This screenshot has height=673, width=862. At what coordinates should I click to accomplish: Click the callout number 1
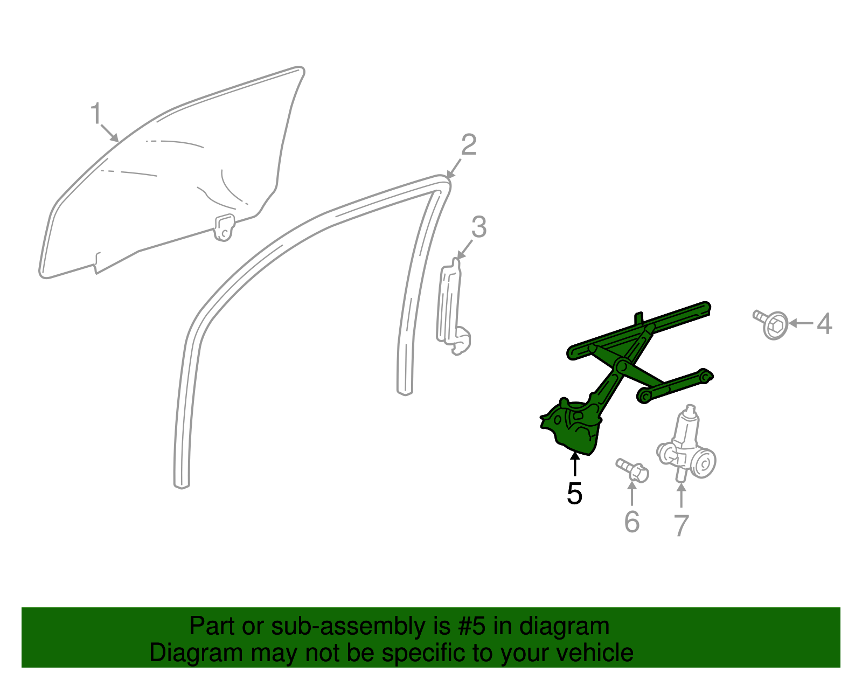click(95, 114)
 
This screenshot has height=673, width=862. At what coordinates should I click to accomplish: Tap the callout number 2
click(468, 145)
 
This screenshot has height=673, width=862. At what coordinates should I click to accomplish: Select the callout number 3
click(478, 227)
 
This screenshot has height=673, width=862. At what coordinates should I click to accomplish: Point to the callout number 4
click(824, 324)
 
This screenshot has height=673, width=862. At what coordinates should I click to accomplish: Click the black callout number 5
click(574, 493)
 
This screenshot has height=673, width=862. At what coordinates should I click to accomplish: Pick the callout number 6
click(632, 521)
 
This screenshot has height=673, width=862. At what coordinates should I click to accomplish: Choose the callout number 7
click(682, 525)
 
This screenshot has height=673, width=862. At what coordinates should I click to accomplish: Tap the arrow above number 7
click(682, 495)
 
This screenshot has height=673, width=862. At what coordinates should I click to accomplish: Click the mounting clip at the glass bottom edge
click(225, 226)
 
